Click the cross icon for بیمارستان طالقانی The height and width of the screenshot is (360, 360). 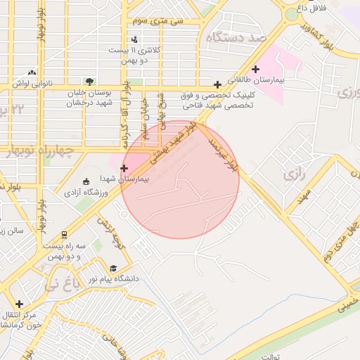click(255, 69)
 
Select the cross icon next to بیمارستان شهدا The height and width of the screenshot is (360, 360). click(124, 168)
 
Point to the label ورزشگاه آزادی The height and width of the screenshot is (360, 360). click(87, 192)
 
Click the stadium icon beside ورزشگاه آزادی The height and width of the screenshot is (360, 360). click(86, 181)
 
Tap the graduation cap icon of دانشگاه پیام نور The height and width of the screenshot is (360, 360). click(113, 269)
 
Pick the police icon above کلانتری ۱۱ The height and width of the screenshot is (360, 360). click(134, 39)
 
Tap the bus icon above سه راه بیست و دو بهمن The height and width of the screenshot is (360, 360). click(65, 235)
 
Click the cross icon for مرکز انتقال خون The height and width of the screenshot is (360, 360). click(19, 304)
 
